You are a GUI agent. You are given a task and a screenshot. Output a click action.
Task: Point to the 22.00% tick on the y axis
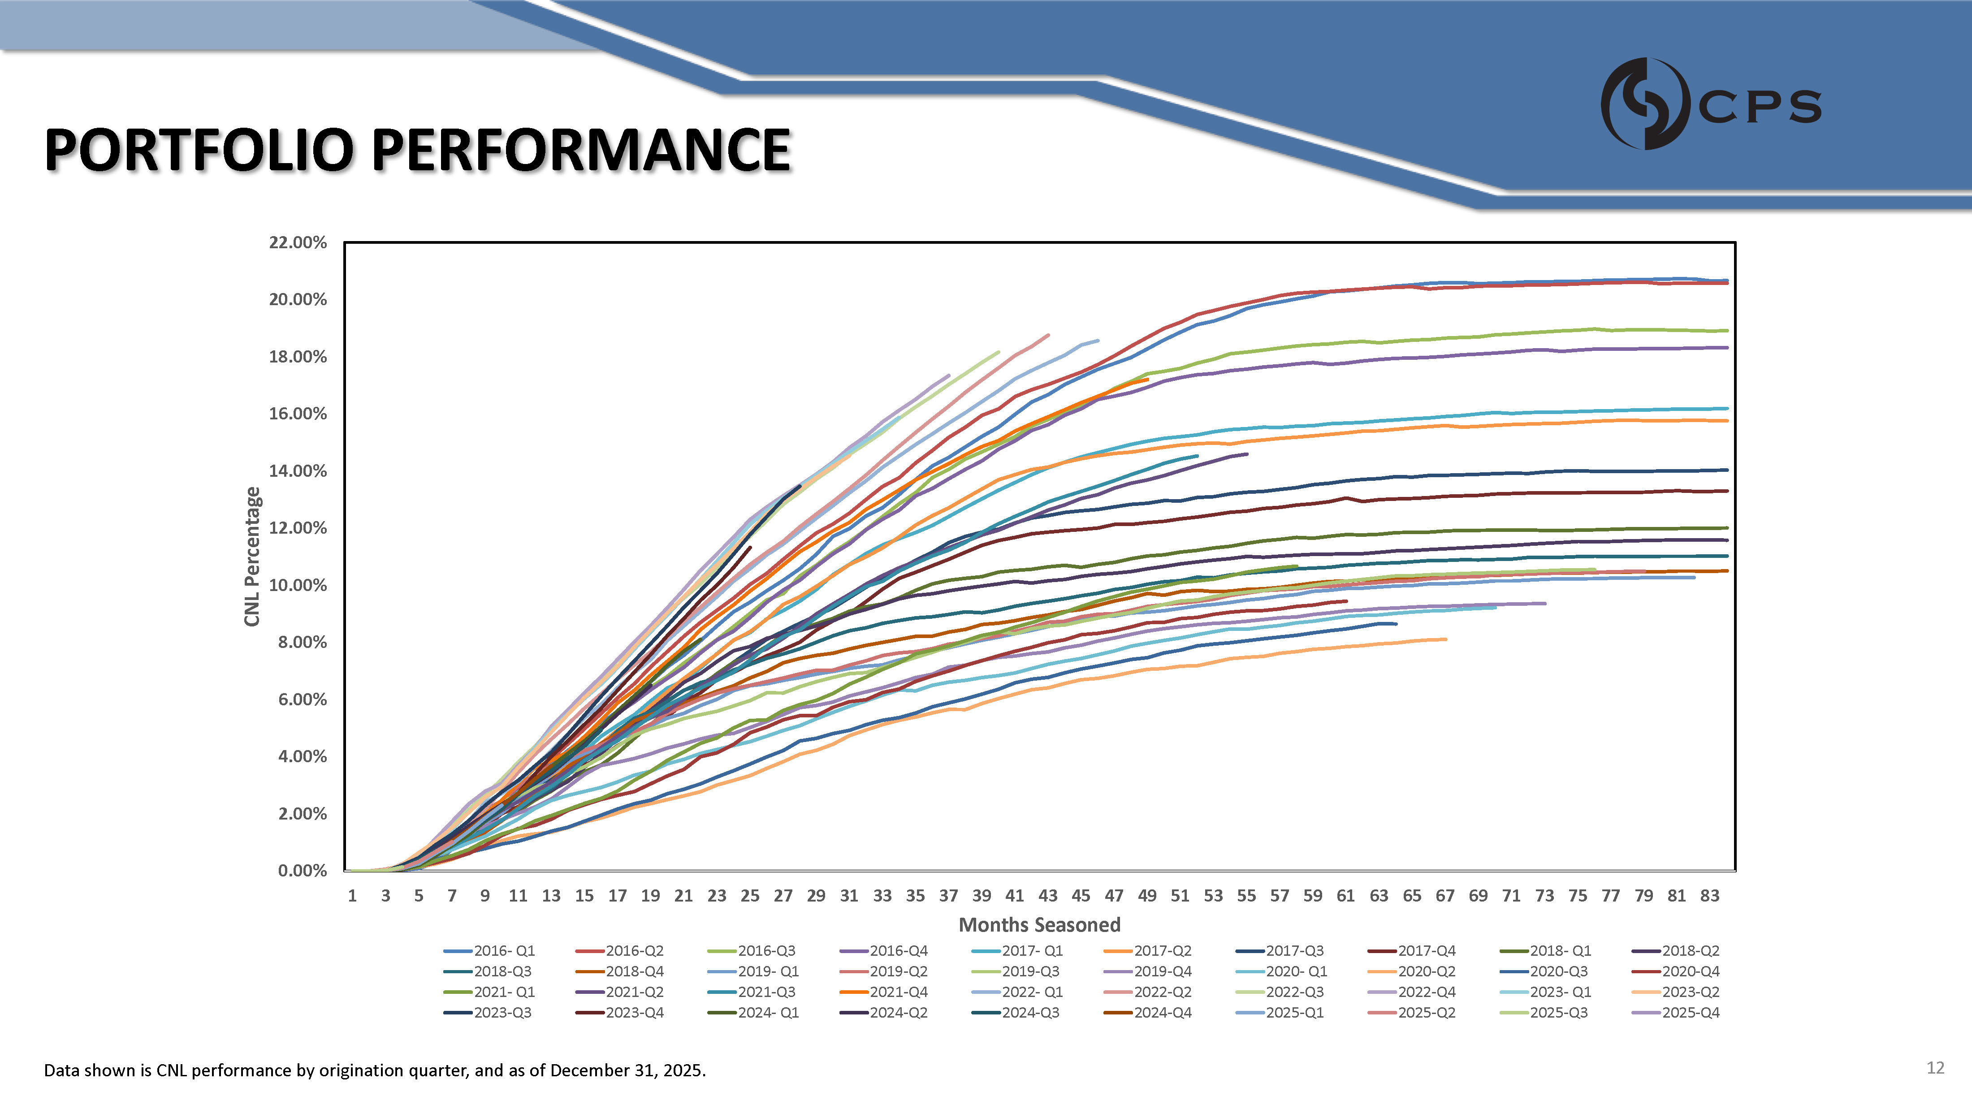click(298, 242)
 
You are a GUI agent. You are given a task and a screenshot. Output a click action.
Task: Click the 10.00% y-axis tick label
click(298, 586)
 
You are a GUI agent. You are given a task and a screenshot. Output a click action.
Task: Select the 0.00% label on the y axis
click(302, 871)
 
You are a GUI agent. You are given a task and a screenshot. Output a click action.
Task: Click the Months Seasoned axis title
click(1039, 925)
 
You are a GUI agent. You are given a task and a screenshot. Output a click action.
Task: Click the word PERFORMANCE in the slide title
click(582, 150)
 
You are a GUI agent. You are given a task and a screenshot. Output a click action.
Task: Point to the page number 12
click(1934, 1068)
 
